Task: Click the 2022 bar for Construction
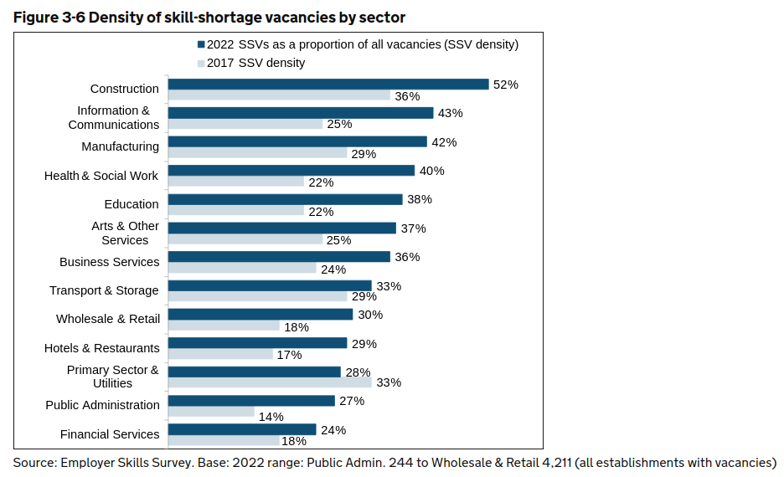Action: [328, 84]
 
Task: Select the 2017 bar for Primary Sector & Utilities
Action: [270, 382]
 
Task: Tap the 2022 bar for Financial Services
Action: [242, 429]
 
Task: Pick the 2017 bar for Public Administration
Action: [211, 412]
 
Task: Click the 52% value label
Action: [506, 85]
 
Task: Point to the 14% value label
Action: [271, 417]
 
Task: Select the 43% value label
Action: [451, 113]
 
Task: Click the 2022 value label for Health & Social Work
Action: [432, 171]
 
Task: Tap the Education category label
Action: [132, 204]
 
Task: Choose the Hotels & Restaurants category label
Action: [101, 348]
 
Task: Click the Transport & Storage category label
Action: [104, 290]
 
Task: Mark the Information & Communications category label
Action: [114, 117]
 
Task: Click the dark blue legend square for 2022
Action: [201, 45]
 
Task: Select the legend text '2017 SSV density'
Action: [256, 63]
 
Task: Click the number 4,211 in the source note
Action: [553, 462]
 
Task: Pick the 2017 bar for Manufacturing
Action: [257, 152]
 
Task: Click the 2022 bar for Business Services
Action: [279, 256]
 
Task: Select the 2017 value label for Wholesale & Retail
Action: [297, 326]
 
